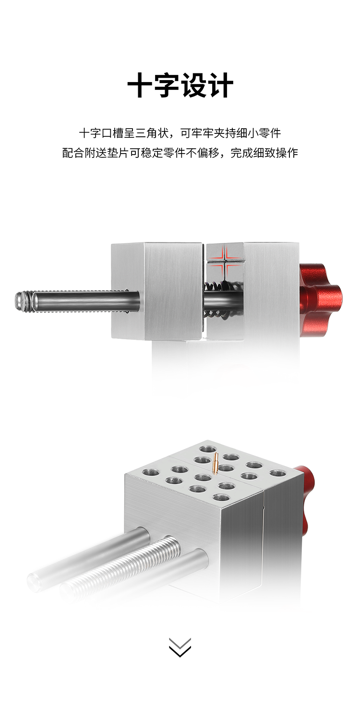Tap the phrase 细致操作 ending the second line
(x=276, y=153)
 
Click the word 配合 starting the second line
(x=73, y=153)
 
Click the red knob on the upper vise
(x=319, y=300)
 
